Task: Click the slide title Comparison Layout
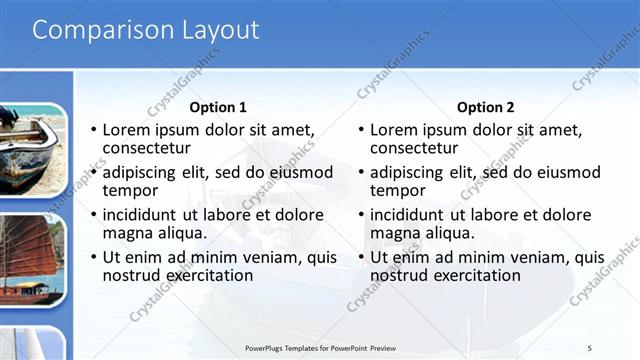146,31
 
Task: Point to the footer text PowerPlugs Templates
321,348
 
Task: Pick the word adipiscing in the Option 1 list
143,172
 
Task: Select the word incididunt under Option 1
146,215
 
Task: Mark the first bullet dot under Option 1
94,131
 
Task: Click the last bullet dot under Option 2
362,258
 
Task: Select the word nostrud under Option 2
400,276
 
